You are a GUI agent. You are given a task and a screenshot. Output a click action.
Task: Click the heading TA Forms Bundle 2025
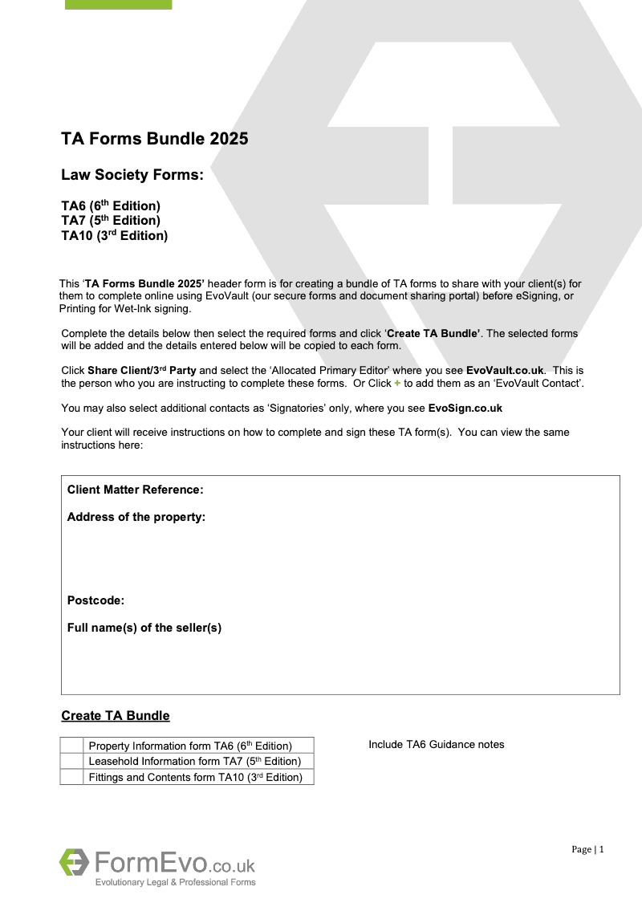(x=155, y=139)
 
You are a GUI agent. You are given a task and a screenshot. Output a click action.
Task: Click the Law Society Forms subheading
(x=132, y=175)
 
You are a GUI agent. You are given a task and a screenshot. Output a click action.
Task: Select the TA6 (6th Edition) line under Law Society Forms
(x=111, y=206)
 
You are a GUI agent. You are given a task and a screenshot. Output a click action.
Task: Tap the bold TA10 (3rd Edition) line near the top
(x=114, y=236)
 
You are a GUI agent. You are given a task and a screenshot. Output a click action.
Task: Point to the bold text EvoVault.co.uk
(x=505, y=370)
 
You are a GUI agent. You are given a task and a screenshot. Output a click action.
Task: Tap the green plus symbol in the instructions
(x=396, y=383)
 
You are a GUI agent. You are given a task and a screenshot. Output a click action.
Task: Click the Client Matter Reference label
(x=135, y=490)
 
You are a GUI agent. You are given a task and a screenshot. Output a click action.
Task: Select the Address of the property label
(x=136, y=517)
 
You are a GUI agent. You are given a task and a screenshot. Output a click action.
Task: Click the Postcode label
(x=95, y=600)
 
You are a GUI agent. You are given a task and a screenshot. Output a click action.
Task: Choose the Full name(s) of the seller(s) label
(x=144, y=628)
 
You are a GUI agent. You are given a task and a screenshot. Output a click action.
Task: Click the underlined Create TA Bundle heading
(x=116, y=716)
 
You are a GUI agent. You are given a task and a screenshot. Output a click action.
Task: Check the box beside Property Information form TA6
(x=71, y=746)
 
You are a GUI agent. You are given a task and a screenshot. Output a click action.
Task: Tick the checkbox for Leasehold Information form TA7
(x=71, y=761)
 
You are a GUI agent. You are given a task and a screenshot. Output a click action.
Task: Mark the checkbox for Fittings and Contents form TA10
(x=71, y=777)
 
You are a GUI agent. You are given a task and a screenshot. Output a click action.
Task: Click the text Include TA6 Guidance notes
(x=437, y=745)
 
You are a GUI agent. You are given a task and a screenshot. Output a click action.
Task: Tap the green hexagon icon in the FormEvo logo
(x=74, y=862)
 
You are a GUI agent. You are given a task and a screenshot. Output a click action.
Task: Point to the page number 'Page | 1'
(x=587, y=849)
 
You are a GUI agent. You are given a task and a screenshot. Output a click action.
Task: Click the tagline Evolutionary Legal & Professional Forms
(x=175, y=882)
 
